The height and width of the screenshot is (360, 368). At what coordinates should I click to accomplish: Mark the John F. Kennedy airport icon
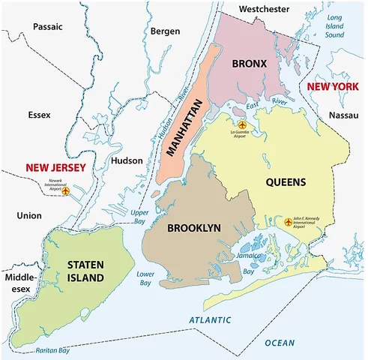(289, 222)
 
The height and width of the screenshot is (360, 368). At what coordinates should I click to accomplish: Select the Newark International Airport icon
(65, 192)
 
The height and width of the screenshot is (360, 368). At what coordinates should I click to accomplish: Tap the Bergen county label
(165, 32)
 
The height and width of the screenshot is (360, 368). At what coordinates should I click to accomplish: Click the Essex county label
(38, 115)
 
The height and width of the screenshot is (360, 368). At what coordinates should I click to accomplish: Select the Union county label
(28, 216)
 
